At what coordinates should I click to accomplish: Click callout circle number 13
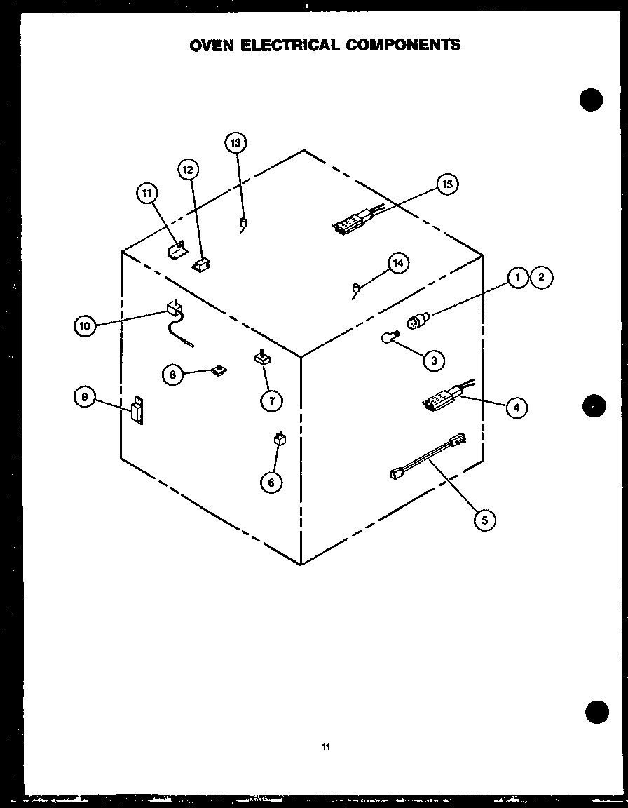(235, 143)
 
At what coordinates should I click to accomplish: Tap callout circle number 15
(447, 184)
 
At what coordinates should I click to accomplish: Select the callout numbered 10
(84, 325)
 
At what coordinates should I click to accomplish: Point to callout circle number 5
(484, 520)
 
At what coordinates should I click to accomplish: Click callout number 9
(84, 397)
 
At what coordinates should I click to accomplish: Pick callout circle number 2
(541, 278)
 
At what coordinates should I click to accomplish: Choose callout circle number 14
(399, 263)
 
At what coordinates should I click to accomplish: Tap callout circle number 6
(271, 482)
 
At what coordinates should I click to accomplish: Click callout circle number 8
(172, 374)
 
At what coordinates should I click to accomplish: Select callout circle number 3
(434, 361)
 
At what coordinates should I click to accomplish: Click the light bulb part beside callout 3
(390, 338)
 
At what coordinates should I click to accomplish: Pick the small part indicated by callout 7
(262, 358)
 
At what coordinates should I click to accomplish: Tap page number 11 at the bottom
(325, 747)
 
